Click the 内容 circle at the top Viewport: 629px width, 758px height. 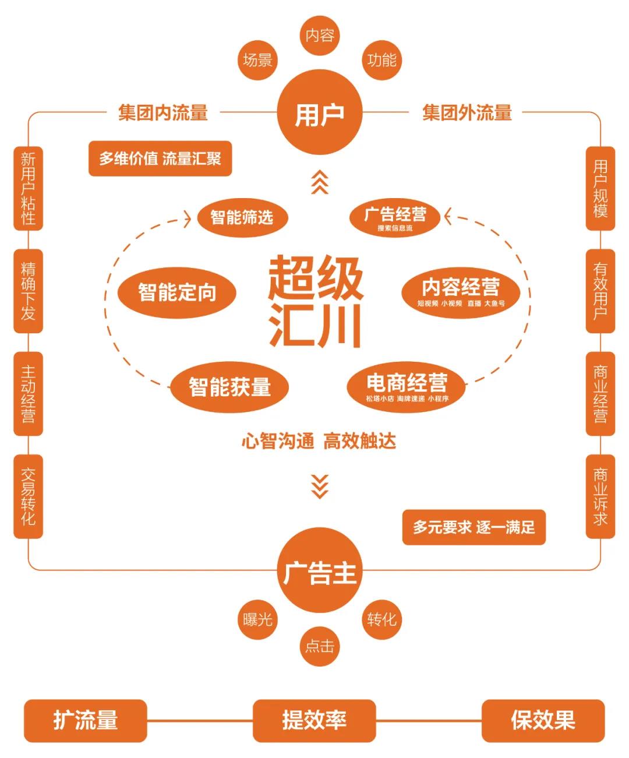click(320, 36)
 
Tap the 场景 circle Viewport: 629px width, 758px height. click(257, 59)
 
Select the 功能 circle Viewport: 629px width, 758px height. click(382, 59)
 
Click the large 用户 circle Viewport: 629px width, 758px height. click(319, 112)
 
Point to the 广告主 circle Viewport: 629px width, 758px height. click(319, 570)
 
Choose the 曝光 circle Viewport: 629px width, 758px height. click(257, 619)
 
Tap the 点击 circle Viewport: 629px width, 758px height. click(320, 646)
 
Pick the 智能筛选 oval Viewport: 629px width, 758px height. click(242, 217)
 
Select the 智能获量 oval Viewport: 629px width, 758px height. click(229, 387)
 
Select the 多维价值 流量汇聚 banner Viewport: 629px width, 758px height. click(160, 158)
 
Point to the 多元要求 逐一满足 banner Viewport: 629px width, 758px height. click(473, 528)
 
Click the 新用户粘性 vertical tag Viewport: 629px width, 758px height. click(28, 188)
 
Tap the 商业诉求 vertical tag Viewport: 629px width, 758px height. click(600, 496)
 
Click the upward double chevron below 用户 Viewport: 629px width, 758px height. click(319, 183)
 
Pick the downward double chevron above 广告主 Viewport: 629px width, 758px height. click(319, 486)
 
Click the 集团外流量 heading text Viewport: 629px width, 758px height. click(467, 112)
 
